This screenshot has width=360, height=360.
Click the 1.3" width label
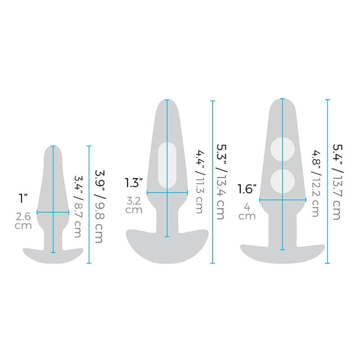click(x=134, y=182)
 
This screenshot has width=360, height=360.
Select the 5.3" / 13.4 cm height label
click(x=220, y=182)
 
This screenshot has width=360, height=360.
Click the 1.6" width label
click(x=247, y=189)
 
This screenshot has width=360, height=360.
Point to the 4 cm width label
click(x=247, y=212)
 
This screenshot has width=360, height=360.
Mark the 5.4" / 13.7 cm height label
click(x=336, y=182)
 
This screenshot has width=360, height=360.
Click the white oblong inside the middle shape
click(x=167, y=165)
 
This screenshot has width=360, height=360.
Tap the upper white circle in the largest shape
click(x=282, y=148)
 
